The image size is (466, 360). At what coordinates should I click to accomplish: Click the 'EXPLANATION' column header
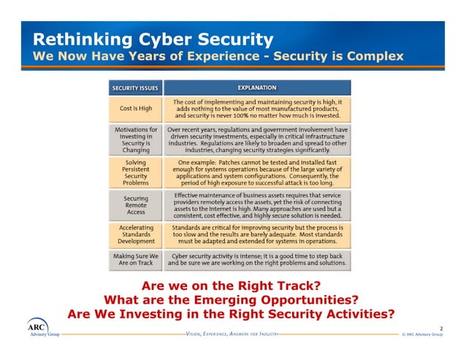tap(256, 88)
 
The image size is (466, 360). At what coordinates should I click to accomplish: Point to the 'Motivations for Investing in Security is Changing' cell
tap(136, 139)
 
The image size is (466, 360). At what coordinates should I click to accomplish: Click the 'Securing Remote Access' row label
tap(136, 205)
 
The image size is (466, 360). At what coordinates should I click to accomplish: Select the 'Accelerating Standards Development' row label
tap(136, 234)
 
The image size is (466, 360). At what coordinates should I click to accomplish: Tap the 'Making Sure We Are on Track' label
tap(136, 260)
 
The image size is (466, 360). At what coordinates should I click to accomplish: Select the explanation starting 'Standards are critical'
tap(257, 234)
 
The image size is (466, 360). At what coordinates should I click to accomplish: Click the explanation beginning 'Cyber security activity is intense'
tap(257, 260)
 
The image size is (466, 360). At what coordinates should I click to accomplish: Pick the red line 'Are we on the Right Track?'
tap(232, 286)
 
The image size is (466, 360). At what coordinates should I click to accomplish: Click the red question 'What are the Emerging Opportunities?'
tap(232, 300)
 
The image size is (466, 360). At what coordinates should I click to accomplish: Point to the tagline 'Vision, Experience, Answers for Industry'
tap(233, 334)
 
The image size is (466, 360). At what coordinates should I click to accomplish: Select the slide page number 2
tap(440, 328)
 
